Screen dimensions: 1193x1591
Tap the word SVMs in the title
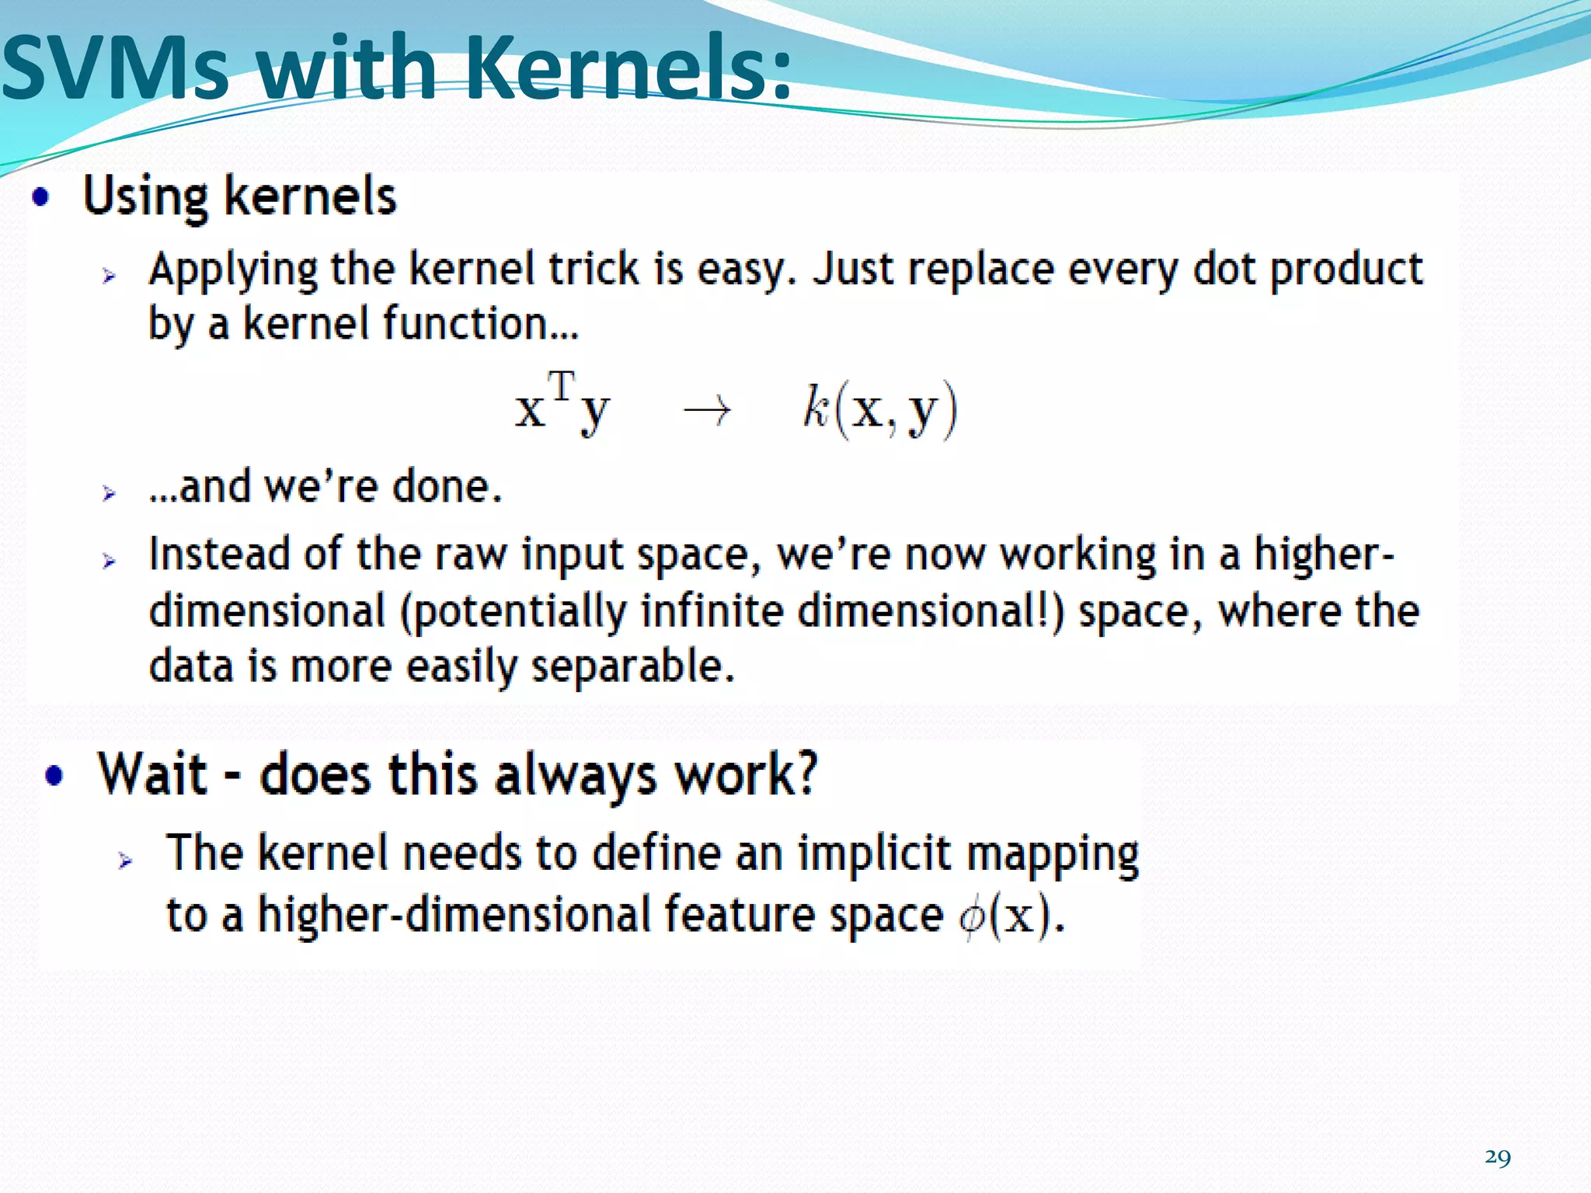point(117,68)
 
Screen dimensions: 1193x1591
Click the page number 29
point(1497,1157)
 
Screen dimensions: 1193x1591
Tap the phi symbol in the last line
point(971,917)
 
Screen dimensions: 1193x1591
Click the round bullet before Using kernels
point(41,197)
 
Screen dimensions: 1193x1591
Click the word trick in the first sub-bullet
point(595,270)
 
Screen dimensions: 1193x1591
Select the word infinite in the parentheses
point(712,610)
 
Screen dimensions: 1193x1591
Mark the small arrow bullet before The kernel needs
point(125,860)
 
